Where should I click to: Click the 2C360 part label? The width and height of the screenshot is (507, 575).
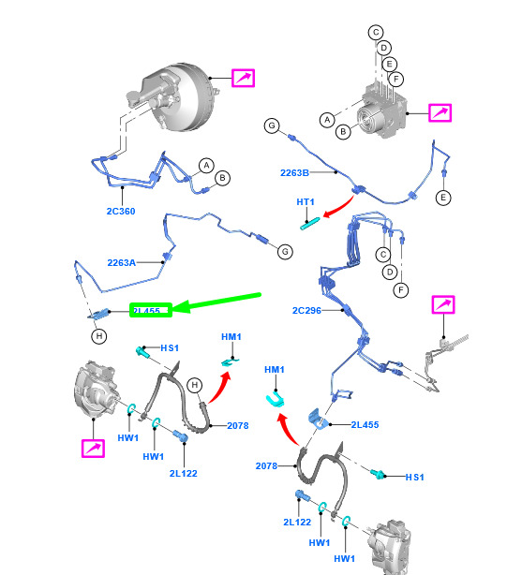[121, 212]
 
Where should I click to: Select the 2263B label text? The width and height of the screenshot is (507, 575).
[294, 172]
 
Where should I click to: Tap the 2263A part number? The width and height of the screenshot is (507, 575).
[122, 262]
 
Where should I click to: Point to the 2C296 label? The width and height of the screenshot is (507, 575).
[306, 311]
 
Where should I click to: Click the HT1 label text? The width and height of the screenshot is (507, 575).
[306, 202]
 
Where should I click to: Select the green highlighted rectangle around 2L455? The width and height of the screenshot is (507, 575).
[151, 310]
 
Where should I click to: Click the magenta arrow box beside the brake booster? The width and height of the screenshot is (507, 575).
[243, 78]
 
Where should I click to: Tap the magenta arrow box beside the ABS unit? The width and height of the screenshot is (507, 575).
[440, 112]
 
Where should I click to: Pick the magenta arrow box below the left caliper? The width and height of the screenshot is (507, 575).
[93, 449]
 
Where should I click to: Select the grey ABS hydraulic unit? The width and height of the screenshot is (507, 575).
[382, 111]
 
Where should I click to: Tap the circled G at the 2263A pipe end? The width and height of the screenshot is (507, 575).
[285, 252]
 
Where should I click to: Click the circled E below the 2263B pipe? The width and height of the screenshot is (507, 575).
[443, 198]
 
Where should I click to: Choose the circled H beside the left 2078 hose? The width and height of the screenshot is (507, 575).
[194, 385]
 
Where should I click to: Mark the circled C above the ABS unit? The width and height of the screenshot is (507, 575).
[376, 32]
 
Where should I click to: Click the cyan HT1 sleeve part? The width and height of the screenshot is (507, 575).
[310, 224]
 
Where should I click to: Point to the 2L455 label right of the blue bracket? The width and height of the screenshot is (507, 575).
[365, 424]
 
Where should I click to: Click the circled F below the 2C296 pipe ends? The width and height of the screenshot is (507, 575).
[401, 290]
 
